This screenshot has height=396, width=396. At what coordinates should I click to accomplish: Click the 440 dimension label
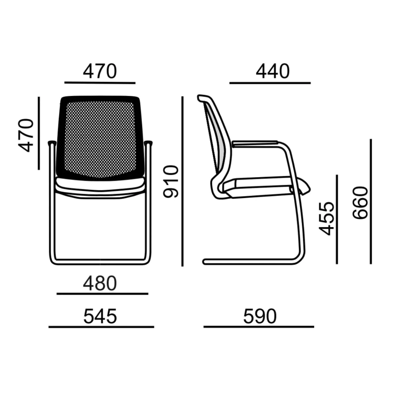[x=273, y=71]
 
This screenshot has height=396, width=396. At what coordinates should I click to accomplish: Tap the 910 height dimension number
[x=170, y=181]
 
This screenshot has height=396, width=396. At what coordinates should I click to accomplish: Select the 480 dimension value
[x=100, y=283]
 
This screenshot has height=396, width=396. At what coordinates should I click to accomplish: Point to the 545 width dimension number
[x=100, y=316]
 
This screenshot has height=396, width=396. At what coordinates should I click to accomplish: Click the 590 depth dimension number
[x=260, y=316]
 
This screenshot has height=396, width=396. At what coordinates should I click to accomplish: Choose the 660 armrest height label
[x=360, y=203]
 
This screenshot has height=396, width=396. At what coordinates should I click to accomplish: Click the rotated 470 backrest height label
[x=26, y=135]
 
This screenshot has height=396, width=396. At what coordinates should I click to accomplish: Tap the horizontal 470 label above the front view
[x=100, y=71]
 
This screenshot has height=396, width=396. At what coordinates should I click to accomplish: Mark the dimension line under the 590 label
[x=259, y=327]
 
